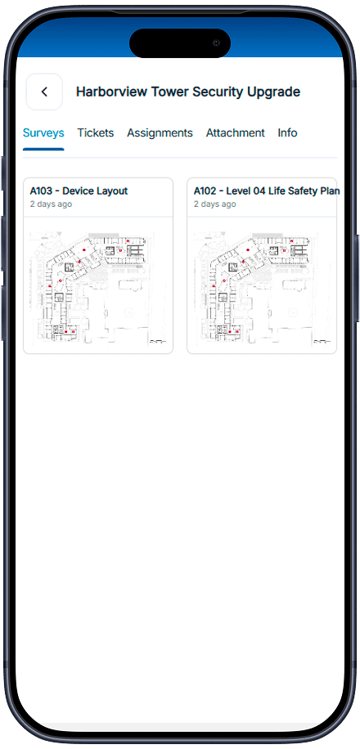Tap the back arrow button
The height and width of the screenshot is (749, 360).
click(x=44, y=92)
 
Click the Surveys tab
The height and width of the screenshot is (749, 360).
click(x=43, y=132)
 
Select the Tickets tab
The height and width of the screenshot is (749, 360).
click(x=96, y=132)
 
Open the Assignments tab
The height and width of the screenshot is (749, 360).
click(x=160, y=132)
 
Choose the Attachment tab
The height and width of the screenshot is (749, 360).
click(x=235, y=132)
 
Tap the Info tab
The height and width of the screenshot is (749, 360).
click(x=287, y=132)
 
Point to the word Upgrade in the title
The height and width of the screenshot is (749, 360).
click(x=273, y=92)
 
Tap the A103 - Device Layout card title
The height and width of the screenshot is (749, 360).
click(x=79, y=191)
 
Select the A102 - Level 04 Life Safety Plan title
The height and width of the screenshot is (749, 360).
click(x=267, y=191)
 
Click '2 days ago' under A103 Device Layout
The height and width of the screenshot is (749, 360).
click(x=52, y=204)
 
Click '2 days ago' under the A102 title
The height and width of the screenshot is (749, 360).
click(x=214, y=204)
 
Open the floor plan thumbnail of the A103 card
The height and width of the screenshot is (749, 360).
click(x=98, y=288)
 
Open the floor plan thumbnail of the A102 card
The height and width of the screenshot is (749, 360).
click(x=262, y=288)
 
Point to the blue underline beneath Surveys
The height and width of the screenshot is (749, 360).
click(x=43, y=149)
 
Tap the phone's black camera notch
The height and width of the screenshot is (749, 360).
click(x=180, y=43)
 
